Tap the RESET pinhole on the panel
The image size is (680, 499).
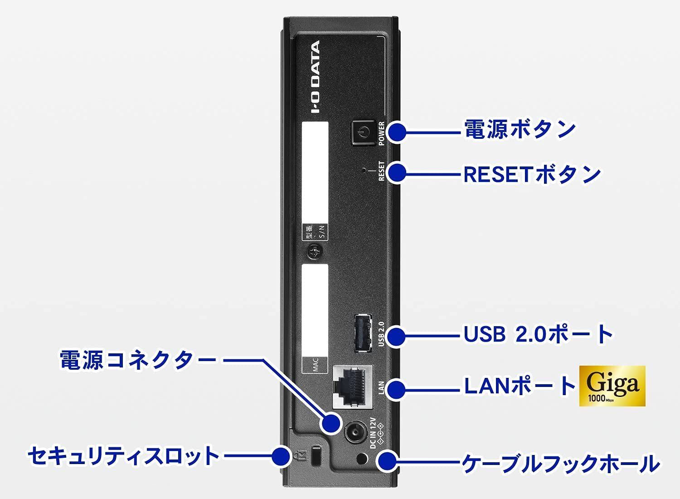(x=365, y=171)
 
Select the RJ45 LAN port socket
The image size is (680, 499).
(x=352, y=385)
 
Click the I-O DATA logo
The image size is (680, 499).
(x=315, y=77)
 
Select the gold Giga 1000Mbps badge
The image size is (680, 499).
(x=612, y=386)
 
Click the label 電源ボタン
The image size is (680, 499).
(x=520, y=130)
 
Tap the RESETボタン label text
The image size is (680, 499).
(x=531, y=174)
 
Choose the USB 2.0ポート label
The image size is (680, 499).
(x=538, y=334)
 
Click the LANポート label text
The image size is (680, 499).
(x=520, y=386)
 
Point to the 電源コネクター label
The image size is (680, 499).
(x=138, y=360)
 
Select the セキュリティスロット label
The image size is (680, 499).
(x=123, y=455)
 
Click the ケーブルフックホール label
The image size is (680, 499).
(x=560, y=464)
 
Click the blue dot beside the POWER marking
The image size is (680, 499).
(x=397, y=132)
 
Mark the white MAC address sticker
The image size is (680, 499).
(x=315, y=318)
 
